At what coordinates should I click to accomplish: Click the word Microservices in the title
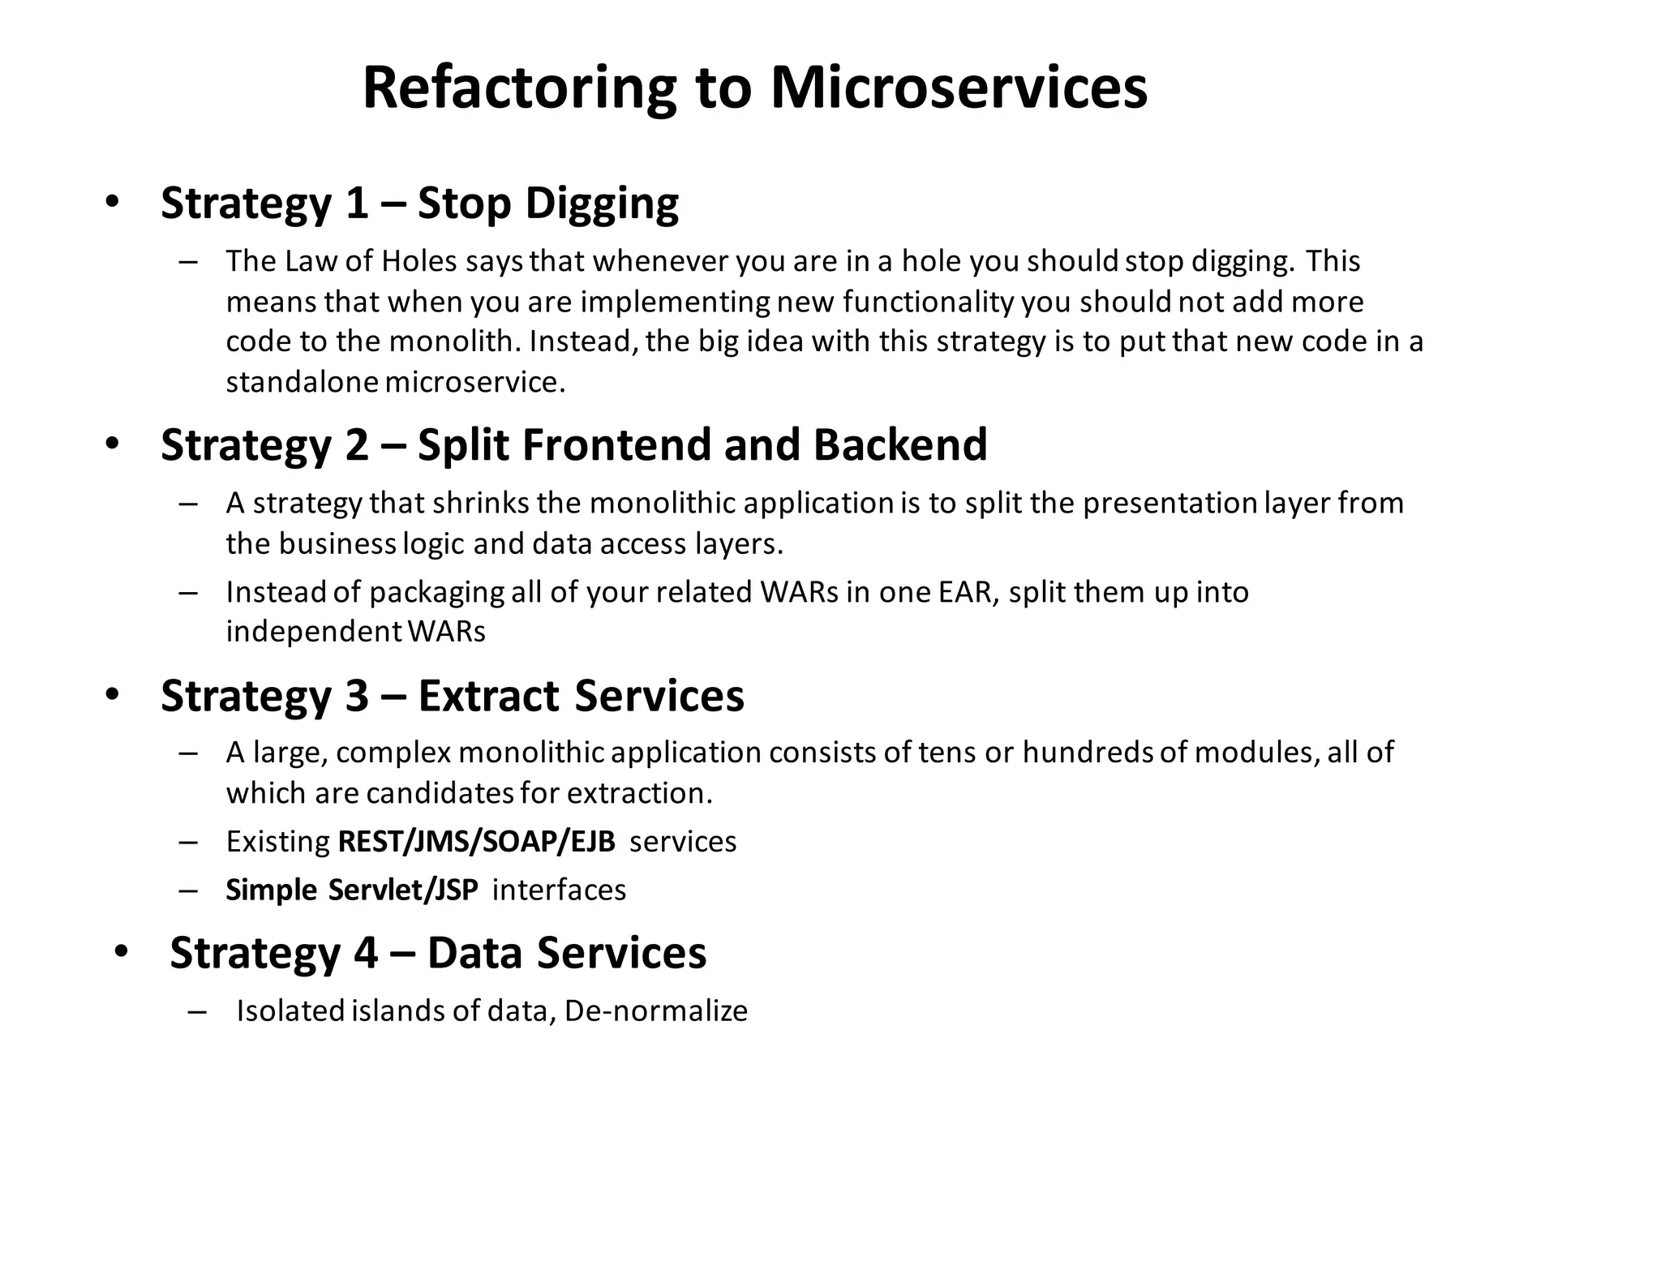(959, 88)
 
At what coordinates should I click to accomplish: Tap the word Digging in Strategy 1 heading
(602, 203)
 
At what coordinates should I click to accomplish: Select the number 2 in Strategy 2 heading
(357, 445)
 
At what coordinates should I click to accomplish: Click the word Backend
(899, 445)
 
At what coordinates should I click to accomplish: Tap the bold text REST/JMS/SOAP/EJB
(476, 842)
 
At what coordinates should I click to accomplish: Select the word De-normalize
(655, 1011)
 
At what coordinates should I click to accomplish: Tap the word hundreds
(1087, 753)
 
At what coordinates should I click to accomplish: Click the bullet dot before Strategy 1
(113, 202)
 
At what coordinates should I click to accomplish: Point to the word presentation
(1170, 503)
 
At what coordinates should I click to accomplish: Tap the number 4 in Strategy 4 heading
(366, 953)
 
